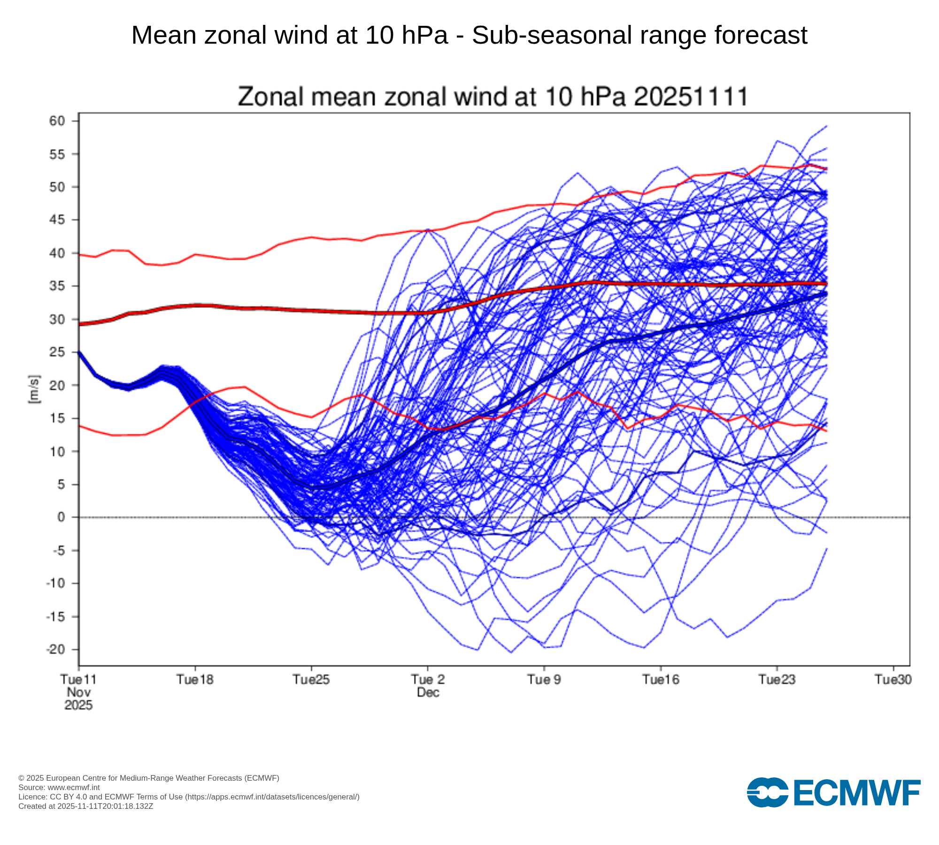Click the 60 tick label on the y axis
click(x=57, y=121)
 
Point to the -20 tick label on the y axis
click(x=55, y=650)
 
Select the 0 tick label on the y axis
click(x=61, y=517)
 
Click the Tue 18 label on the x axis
click(x=195, y=680)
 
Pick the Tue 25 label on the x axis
click(x=311, y=680)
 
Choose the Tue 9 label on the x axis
click(x=544, y=680)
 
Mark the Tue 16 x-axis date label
click(x=661, y=680)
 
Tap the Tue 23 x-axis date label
click(x=777, y=680)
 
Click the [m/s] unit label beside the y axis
click(x=34, y=389)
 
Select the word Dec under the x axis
click(x=428, y=692)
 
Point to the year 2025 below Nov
click(x=78, y=705)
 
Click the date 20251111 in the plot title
click(x=691, y=97)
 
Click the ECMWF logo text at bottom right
click(x=857, y=793)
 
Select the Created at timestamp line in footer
click(x=86, y=806)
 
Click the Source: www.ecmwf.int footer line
click(x=59, y=787)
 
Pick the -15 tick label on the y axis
click(x=55, y=617)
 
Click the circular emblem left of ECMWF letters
click(x=767, y=792)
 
